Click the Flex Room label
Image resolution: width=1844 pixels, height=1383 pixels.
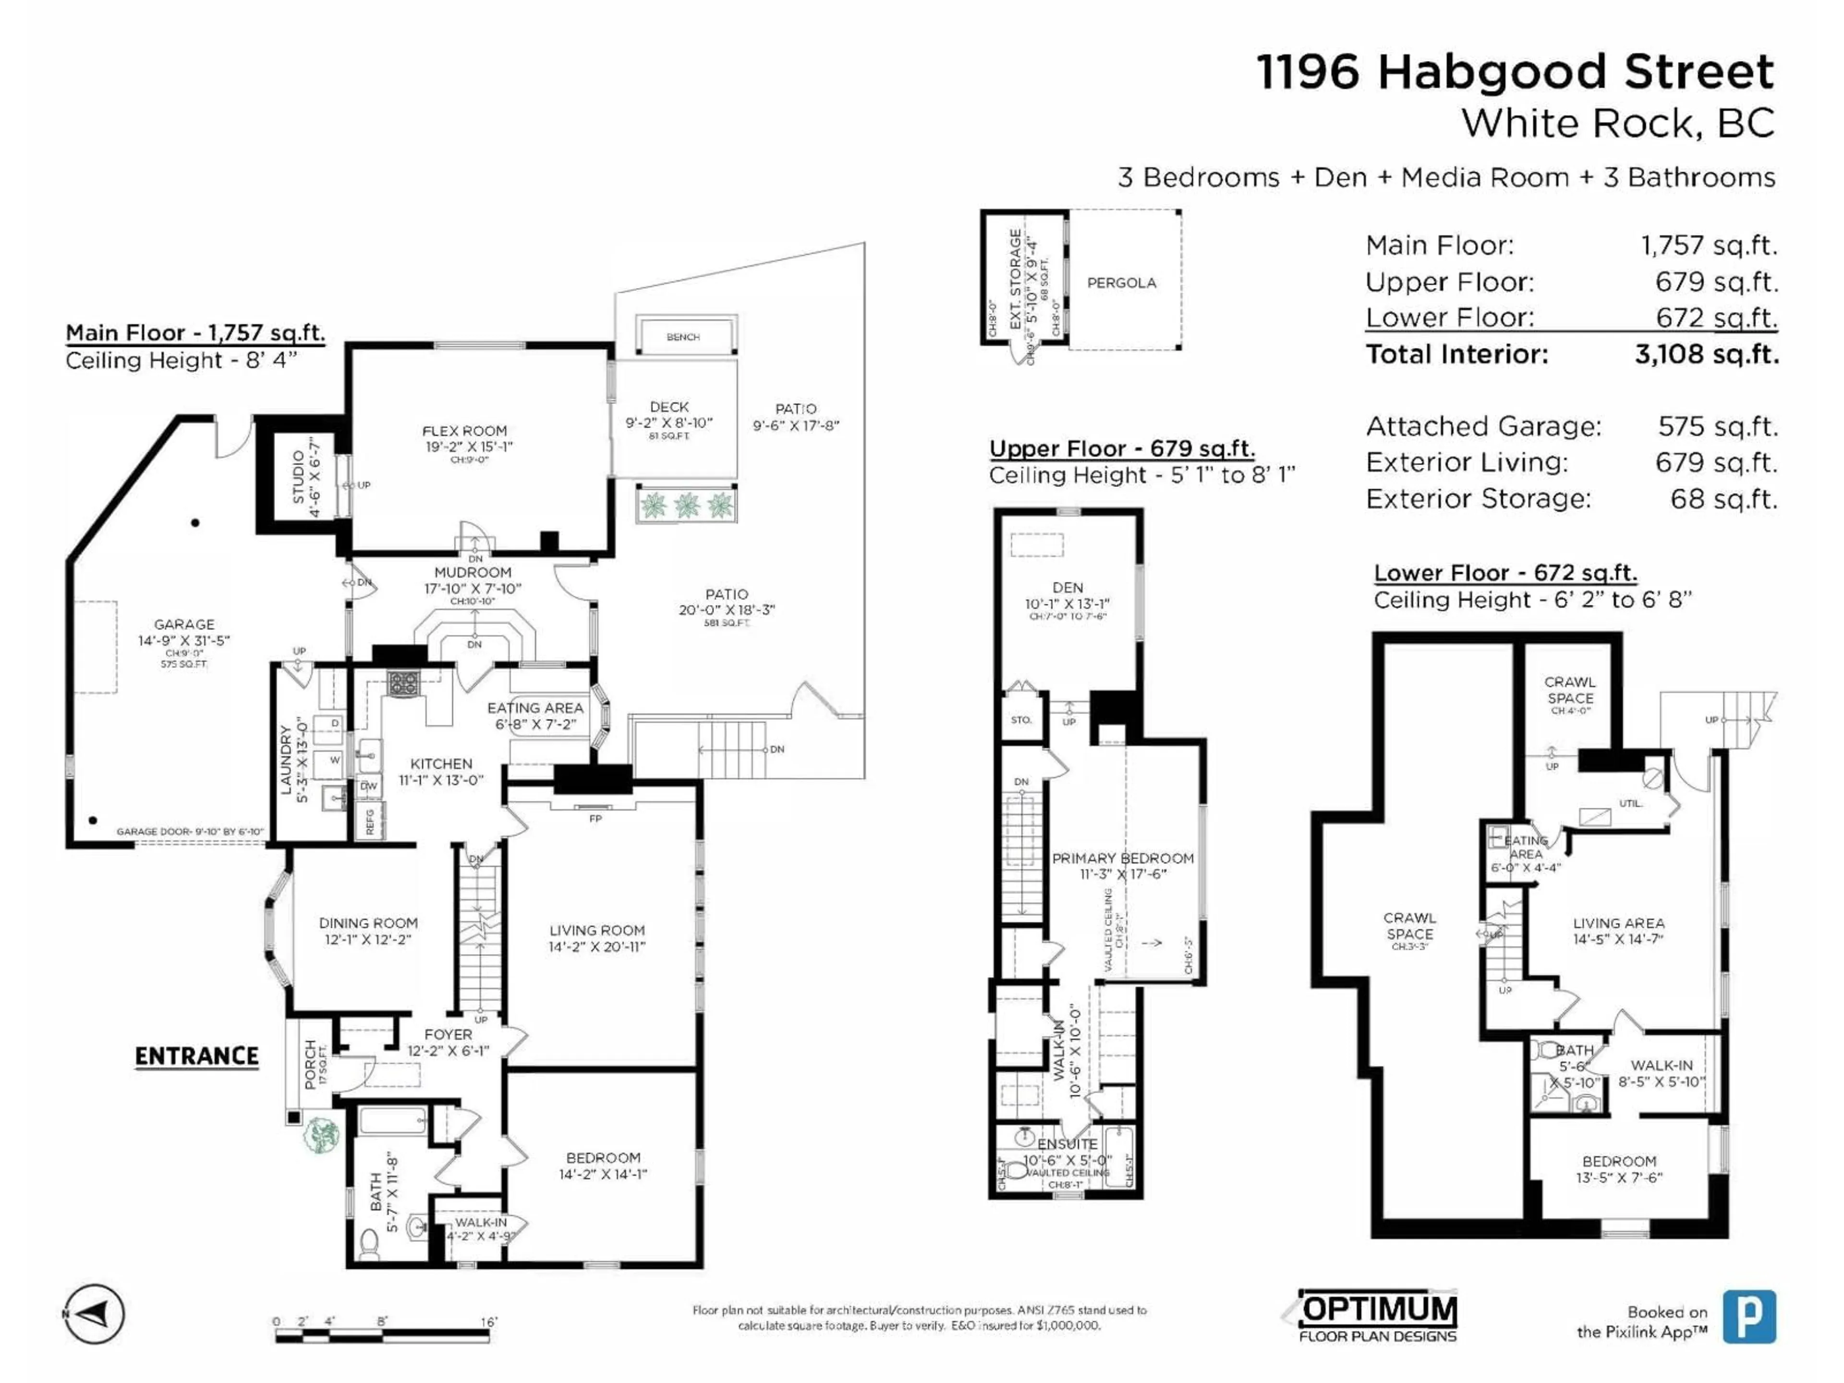pyautogui.click(x=464, y=431)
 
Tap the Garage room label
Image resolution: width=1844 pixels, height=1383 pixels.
pyautogui.click(x=184, y=624)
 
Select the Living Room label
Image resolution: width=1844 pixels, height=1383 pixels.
pyautogui.click(x=597, y=930)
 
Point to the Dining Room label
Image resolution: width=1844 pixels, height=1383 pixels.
pyautogui.click(x=368, y=923)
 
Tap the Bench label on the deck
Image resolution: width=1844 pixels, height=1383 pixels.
pyautogui.click(x=683, y=337)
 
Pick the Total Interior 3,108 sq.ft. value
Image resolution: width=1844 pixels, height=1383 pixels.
pyautogui.click(x=1707, y=354)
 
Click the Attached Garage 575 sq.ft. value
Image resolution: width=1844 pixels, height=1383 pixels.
pyautogui.click(x=1717, y=427)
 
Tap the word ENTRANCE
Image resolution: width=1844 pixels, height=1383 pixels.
pyautogui.click(x=197, y=1056)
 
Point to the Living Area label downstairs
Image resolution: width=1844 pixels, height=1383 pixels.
pyautogui.click(x=1618, y=923)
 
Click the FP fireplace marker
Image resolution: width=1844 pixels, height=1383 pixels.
pyautogui.click(x=594, y=819)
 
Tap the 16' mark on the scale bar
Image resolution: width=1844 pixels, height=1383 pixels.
pyautogui.click(x=488, y=1322)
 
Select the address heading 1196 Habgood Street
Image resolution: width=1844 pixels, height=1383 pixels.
pyautogui.click(x=1515, y=72)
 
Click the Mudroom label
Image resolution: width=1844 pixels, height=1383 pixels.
pyautogui.click(x=473, y=573)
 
